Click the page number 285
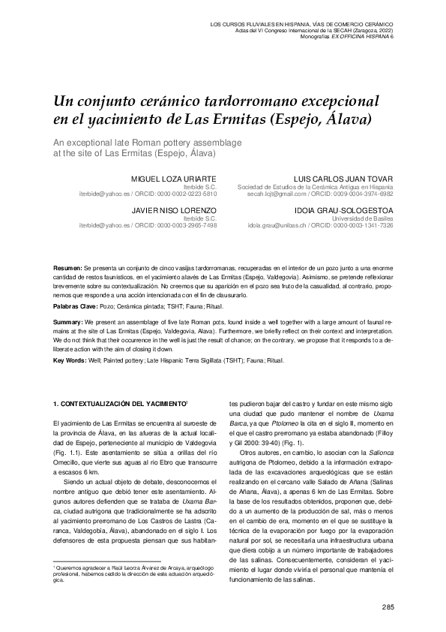tap(388, 606)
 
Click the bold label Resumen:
tap(67, 268)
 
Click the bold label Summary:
tap(68, 321)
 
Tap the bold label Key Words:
tap(70, 361)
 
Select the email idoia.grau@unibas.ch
tap(279, 224)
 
